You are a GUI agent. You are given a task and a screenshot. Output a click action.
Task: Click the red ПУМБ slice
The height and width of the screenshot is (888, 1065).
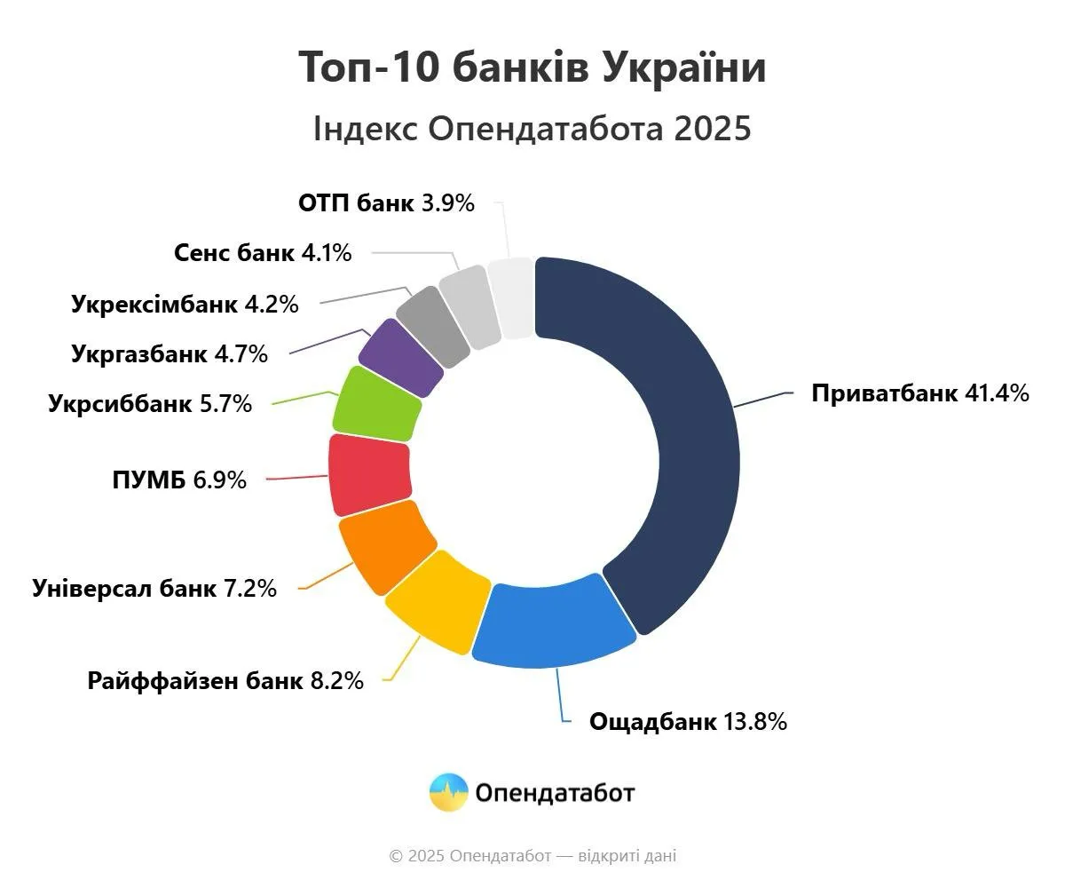(369, 474)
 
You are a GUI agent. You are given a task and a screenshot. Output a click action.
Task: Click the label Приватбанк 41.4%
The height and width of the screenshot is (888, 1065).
(919, 392)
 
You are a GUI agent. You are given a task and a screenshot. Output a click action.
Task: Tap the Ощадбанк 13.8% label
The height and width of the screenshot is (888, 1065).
(688, 721)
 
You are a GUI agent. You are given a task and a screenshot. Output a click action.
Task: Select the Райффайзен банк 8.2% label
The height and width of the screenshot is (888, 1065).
(225, 681)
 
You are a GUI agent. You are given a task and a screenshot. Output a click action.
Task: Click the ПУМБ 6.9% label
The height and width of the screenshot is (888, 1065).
(178, 480)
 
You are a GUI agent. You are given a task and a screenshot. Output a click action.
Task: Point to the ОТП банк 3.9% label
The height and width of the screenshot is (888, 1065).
(386, 203)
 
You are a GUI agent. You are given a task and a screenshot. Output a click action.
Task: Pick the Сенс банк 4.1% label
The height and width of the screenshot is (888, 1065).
(263, 253)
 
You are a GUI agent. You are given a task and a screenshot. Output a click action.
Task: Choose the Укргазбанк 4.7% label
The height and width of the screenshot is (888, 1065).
(169, 354)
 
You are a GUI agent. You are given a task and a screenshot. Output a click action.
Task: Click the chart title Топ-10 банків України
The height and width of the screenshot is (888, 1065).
(532, 68)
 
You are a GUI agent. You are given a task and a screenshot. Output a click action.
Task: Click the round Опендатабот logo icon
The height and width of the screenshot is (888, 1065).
(449, 792)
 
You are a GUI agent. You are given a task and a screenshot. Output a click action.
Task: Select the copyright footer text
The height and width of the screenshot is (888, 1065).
(532, 856)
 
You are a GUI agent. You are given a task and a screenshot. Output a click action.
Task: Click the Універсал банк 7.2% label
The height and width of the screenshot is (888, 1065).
(154, 588)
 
